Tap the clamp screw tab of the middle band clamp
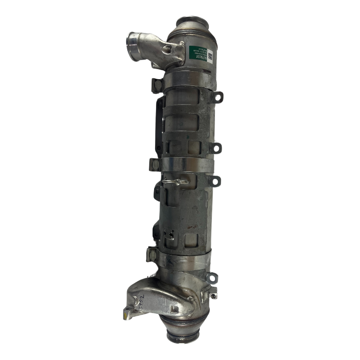coord(155,163)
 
